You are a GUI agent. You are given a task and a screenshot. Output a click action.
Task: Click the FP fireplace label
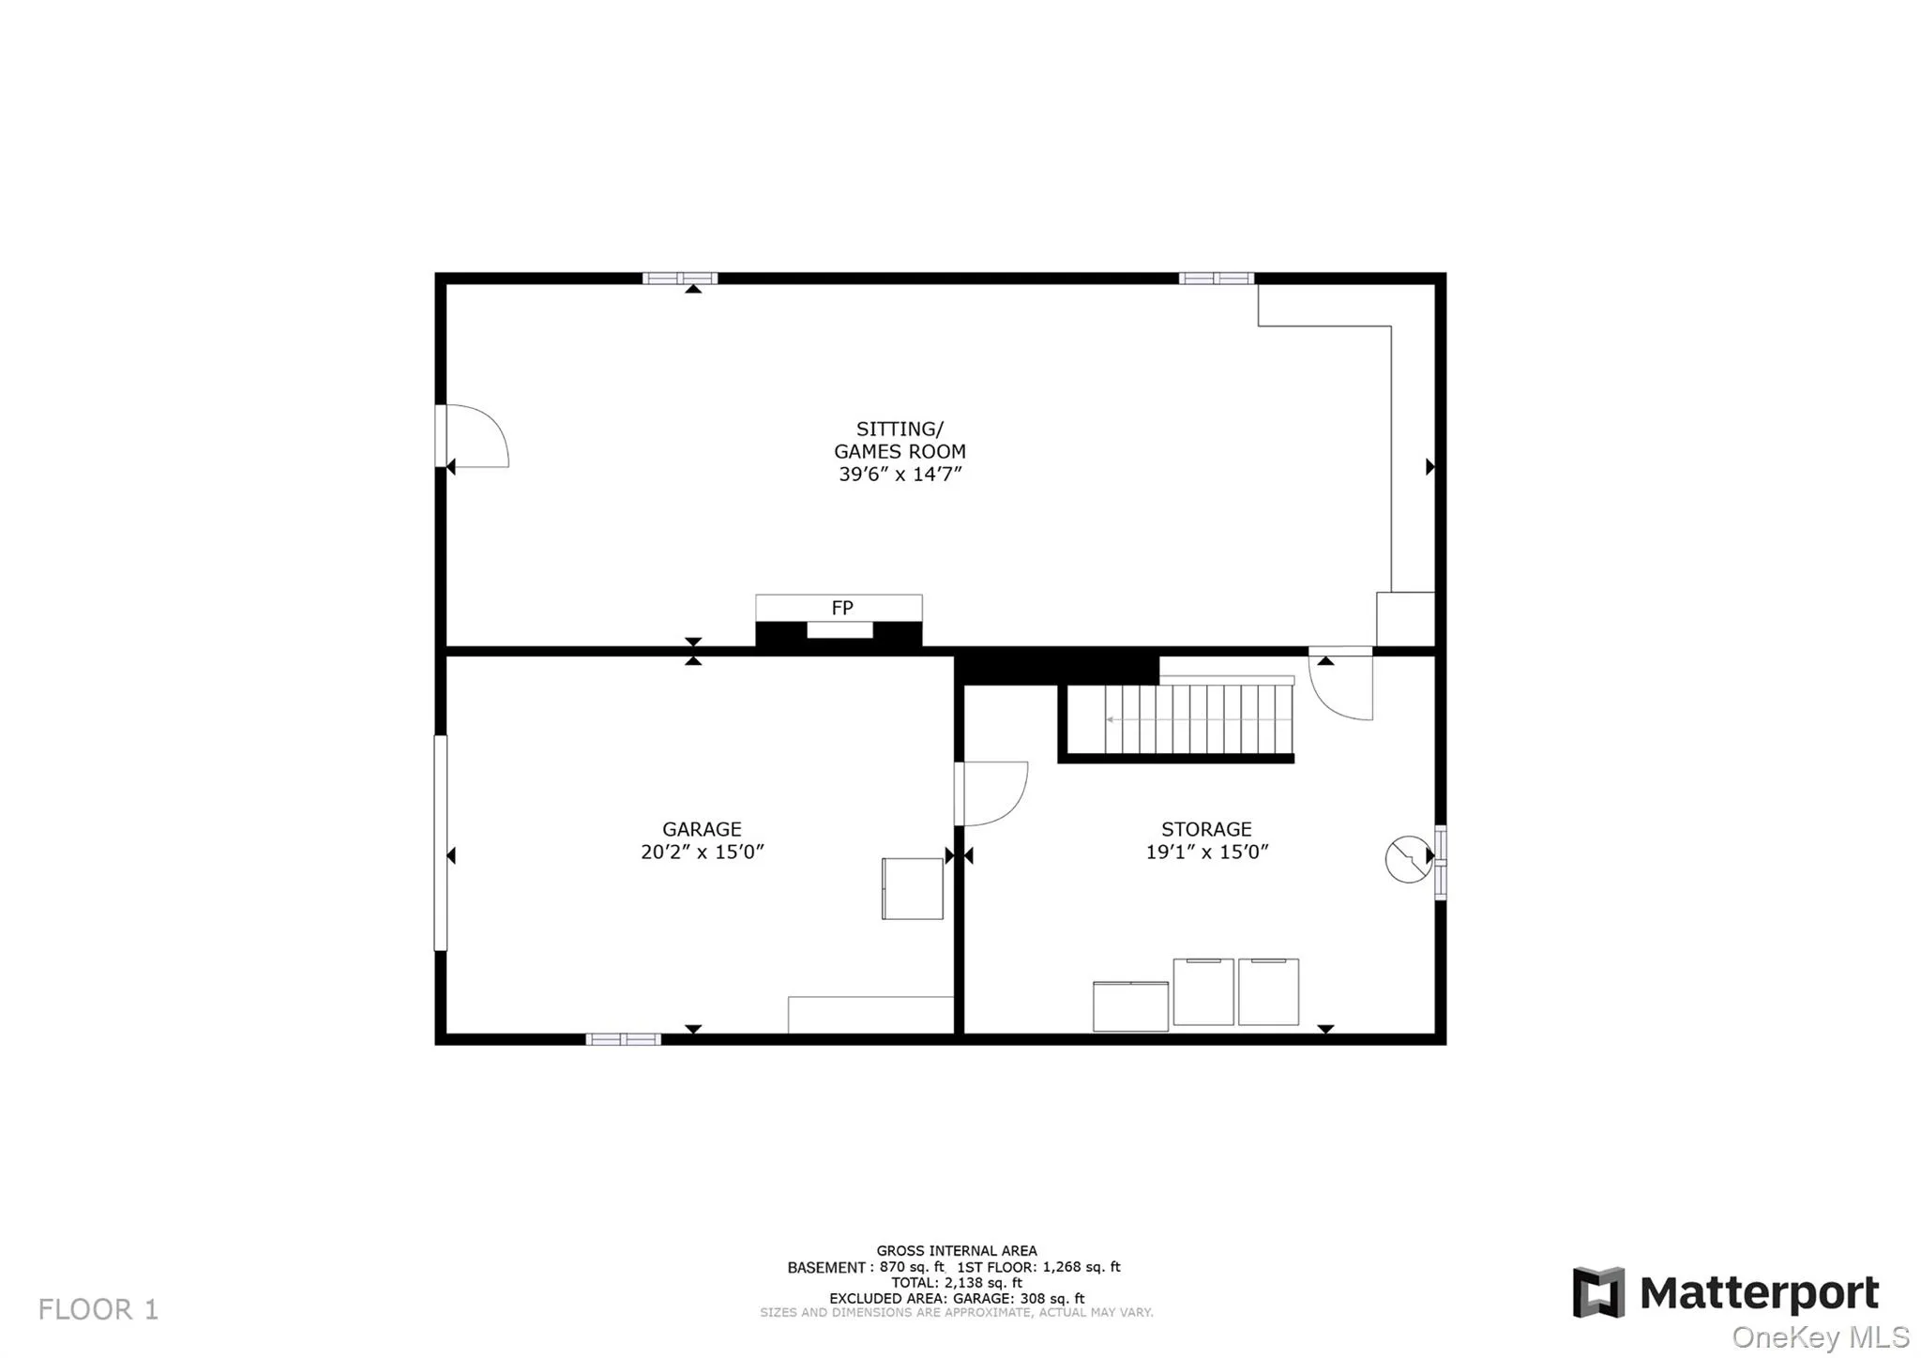tap(841, 608)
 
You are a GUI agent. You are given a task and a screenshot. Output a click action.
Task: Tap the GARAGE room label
tap(702, 829)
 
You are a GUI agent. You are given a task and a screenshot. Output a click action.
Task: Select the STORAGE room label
tap(1206, 829)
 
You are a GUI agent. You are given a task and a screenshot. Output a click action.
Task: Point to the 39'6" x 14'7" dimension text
tap(900, 475)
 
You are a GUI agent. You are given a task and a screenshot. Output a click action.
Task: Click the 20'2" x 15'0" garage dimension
tap(702, 853)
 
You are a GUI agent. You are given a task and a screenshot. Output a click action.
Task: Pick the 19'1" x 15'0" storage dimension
tap(1206, 853)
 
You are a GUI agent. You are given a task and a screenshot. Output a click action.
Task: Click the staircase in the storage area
tap(1198, 719)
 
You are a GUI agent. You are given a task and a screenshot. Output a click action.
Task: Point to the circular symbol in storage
tap(1408, 859)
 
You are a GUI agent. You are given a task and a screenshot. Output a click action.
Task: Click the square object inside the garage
tap(912, 888)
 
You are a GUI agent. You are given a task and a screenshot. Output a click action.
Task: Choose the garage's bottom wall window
tap(623, 1039)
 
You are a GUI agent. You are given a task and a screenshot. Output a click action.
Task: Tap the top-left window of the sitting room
tap(679, 279)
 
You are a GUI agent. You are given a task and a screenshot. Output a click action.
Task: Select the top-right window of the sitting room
tap(1216, 279)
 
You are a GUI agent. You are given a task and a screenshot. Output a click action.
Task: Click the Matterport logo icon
tap(1598, 1292)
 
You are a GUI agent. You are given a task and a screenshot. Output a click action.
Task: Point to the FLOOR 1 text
tap(98, 1309)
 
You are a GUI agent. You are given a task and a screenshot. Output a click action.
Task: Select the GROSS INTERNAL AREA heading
tap(956, 1250)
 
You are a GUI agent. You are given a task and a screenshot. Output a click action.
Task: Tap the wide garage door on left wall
tap(441, 842)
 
